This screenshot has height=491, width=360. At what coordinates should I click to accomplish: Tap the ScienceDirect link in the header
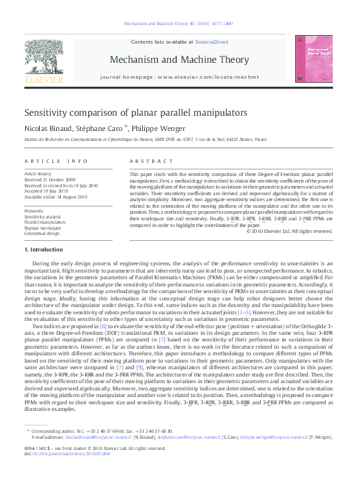tap(210, 42)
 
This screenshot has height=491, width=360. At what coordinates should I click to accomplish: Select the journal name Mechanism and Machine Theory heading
tap(179, 60)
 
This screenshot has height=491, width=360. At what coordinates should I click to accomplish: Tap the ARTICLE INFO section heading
tap(56, 161)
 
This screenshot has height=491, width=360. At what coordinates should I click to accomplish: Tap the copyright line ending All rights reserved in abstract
tap(289, 231)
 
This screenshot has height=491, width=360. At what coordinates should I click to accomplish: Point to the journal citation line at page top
tap(179, 24)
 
